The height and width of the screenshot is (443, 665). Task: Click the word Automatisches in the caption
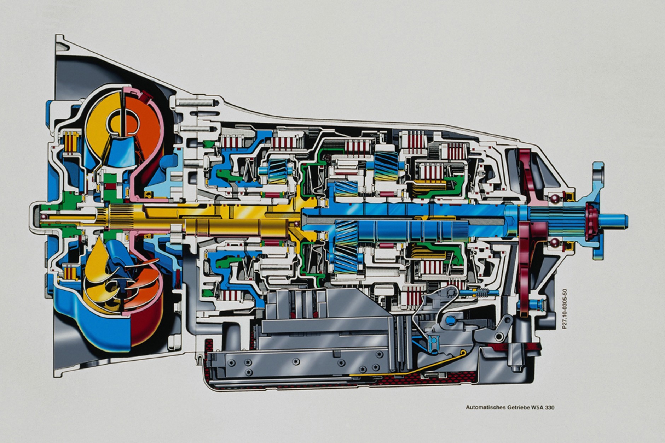pos(481,407)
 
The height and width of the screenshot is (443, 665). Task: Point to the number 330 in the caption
pos(549,407)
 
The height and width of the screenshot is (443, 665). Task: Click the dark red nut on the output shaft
pos(590,216)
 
